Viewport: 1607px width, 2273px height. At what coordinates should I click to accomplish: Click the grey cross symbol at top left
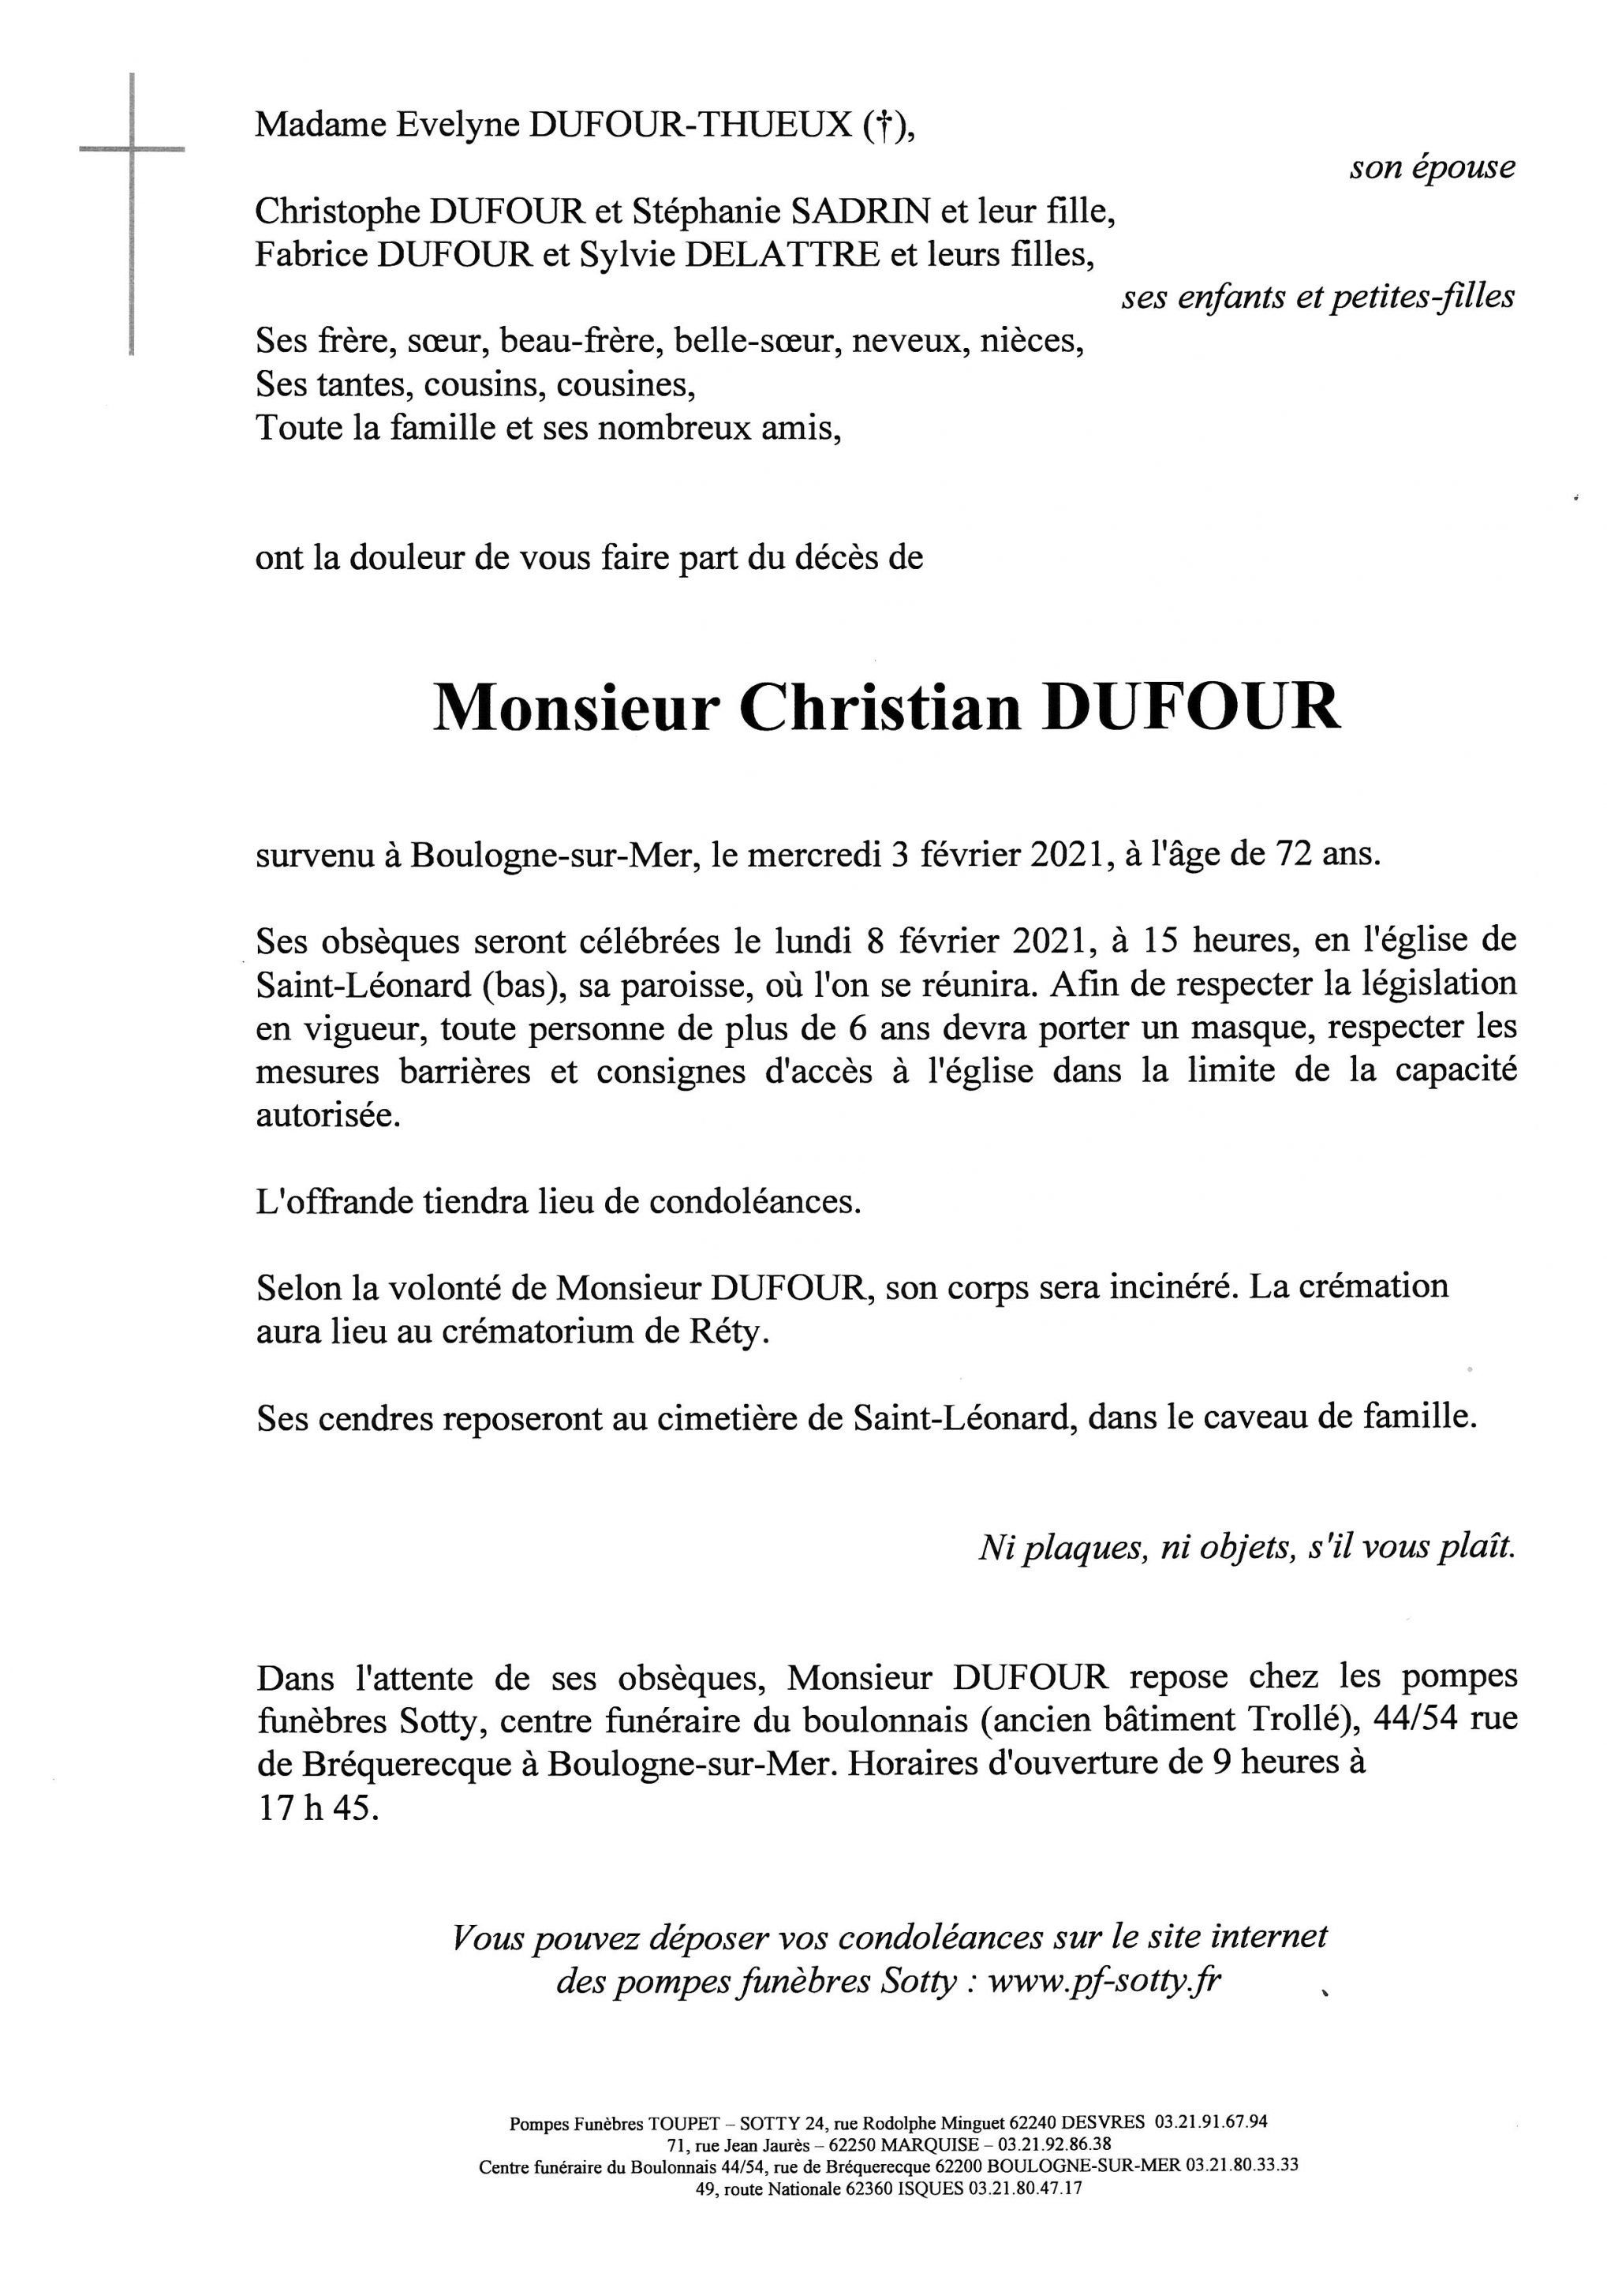pos(132,151)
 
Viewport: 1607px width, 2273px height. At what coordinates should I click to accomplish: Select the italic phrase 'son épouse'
pos(1431,168)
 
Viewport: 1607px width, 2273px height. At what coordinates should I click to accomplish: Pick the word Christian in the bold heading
pos(880,709)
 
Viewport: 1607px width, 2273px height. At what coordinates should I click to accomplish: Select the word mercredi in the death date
pos(813,853)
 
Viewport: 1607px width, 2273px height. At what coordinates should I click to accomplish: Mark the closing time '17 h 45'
pos(316,1807)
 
